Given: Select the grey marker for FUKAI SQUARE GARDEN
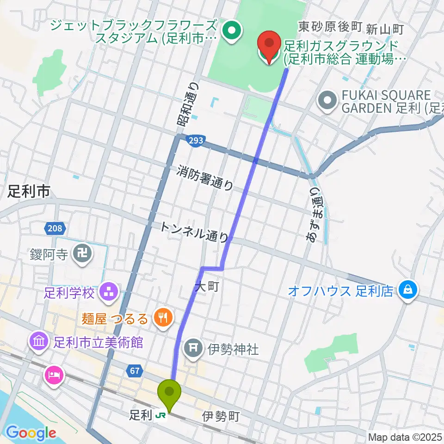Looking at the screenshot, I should [x=328, y=100].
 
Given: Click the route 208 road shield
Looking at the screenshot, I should [x=56, y=228].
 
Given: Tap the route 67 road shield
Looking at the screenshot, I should [x=135, y=370].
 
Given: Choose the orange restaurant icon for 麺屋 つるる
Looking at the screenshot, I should [x=163, y=318].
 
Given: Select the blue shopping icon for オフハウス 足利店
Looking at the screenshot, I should [x=408, y=290].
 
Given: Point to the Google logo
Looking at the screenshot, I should [x=31, y=433].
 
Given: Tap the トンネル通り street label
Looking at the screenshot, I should [x=194, y=232].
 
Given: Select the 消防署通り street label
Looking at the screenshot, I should [x=205, y=179].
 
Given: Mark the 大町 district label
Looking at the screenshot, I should [x=206, y=287].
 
